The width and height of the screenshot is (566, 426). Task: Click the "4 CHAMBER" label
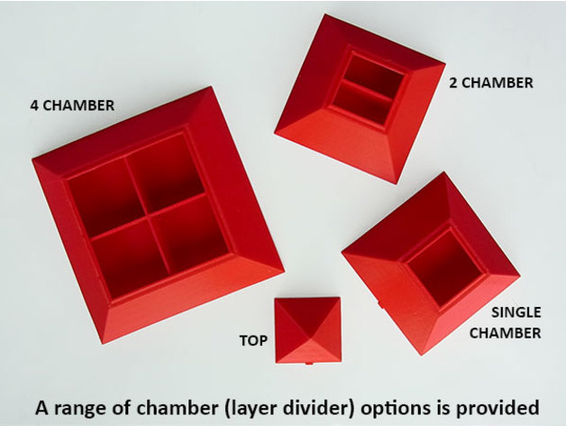pyautogui.click(x=72, y=106)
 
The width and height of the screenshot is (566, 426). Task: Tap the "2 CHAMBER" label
pyautogui.click(x=491, y=83)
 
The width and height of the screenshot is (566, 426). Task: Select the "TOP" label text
pyautogui.click(x=253, y=340)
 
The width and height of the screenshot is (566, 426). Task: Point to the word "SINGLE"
pyautogui.click(x=516, y=312)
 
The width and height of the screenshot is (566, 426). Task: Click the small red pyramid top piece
pyautogui.click(x=308, y=330)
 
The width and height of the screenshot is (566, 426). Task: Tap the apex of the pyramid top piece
pyautogui.click(x=308, y=329)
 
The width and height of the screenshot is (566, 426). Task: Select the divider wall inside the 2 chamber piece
pyautogui.click(x=368, y=89)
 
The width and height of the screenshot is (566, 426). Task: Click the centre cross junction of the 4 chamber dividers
pyautogui.click(x=148, y=217)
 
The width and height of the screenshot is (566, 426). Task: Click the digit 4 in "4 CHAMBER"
pyautogui.click(x=34, y=106)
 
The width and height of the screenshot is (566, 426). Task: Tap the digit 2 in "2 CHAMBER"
pyautogui.click(x=453, y=83)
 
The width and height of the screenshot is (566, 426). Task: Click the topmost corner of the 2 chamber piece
pyautogui.click(x=325, y=14)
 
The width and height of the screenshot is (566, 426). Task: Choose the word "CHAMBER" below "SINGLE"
pyautogui.click(x=505, y=333)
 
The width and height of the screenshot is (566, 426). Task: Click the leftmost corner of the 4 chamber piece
pyautogui.click(x=32, y=160)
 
